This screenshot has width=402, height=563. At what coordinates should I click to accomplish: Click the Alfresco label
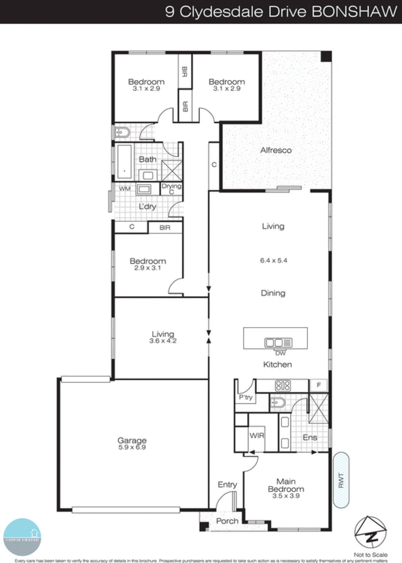(x=276, y=150)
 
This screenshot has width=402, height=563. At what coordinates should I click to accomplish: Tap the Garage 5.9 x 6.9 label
(x=132, y=444)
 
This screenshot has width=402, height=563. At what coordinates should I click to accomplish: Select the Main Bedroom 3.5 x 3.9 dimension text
(x=286, y=496)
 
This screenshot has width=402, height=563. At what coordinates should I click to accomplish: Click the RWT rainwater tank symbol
(x=341, y=480)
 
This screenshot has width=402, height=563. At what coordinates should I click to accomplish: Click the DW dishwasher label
(x=280, y=353)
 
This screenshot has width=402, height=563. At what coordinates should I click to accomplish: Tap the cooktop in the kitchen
(x=283, y=386)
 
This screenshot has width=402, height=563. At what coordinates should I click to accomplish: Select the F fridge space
(x=318, y=385)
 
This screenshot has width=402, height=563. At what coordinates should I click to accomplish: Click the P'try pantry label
(x=246, y=397)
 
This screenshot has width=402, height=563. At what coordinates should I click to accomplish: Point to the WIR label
(x=257, y=436)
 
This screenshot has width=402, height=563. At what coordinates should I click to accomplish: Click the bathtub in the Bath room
(x=124, y=162)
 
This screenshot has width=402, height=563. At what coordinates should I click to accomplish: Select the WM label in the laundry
(x=124, y=189)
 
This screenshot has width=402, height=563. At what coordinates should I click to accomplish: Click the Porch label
(x=227, y=521)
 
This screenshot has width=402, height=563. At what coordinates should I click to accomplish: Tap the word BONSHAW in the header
(x=354, y=12)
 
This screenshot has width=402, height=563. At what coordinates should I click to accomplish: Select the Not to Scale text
(x=370, y=555)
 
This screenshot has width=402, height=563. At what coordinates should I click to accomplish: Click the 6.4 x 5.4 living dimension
(x=273, y=260)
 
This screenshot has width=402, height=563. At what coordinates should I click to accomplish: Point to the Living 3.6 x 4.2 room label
(x=163, y=337)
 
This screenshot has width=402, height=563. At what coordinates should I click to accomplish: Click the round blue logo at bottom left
(x=22, y=537)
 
